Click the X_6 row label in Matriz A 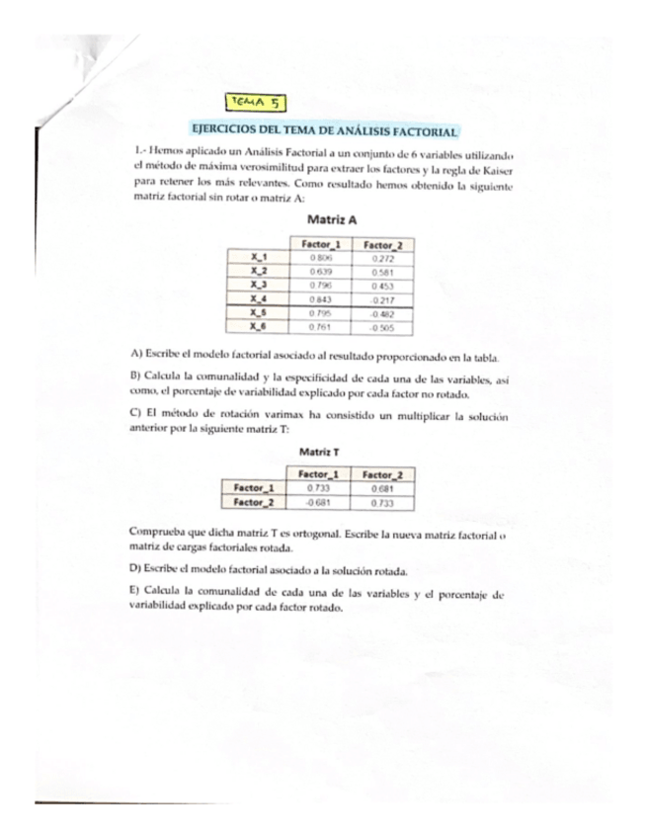pyautogui.click(x=259, y=323)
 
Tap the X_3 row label pyautogui.click(x=259, y=282)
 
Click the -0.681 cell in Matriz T pyautogui.click(x=319, y=501)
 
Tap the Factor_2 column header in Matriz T pyautogui.click(x=384, y=473)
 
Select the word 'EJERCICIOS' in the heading pyautogui.click(x=224, y=130)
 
